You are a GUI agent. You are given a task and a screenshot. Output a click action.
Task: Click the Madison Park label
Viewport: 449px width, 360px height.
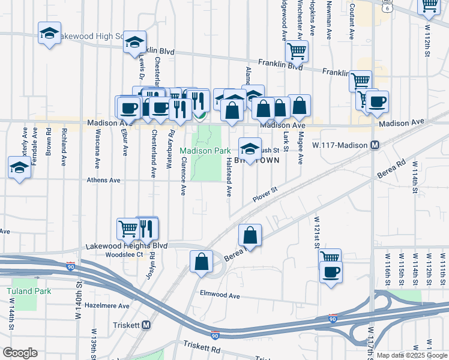205,151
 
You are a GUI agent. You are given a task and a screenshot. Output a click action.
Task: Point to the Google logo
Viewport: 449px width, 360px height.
20,353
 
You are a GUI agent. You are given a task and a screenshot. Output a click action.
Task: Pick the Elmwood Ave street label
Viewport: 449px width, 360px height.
220,296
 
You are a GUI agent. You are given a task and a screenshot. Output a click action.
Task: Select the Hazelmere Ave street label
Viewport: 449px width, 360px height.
107,305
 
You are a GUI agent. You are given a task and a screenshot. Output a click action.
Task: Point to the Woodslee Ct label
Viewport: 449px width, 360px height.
123,254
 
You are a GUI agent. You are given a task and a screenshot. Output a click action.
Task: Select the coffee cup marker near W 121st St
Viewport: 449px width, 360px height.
330,272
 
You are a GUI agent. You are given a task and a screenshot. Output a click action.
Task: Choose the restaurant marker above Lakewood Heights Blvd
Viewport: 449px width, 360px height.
146,227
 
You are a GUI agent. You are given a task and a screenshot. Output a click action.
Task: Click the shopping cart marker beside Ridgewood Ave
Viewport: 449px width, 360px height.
297,51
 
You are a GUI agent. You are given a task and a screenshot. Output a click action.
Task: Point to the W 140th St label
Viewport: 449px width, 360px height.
77,300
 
